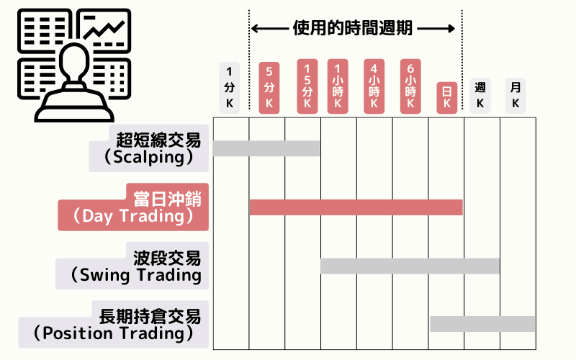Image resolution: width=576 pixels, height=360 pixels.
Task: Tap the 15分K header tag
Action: coord(307,86)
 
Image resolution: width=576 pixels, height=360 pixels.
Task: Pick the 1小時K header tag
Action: coord(337,86)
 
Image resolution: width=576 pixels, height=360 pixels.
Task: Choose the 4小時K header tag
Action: coord(374,86)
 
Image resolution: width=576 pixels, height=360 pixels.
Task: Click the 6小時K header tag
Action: coord(410,86)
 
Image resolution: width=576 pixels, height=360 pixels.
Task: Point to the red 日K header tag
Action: coord(446,97)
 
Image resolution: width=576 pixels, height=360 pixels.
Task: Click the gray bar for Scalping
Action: coord(266,148)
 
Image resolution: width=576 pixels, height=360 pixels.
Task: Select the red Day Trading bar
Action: coord(356,207)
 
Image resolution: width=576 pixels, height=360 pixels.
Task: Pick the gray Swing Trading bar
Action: coord(410,266)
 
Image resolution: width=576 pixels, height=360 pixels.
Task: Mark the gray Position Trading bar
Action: coord(482,324)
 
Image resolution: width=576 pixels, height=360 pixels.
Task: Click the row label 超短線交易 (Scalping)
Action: coord(152,148)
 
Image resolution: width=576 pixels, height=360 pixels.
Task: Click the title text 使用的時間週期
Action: coord(353,28)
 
